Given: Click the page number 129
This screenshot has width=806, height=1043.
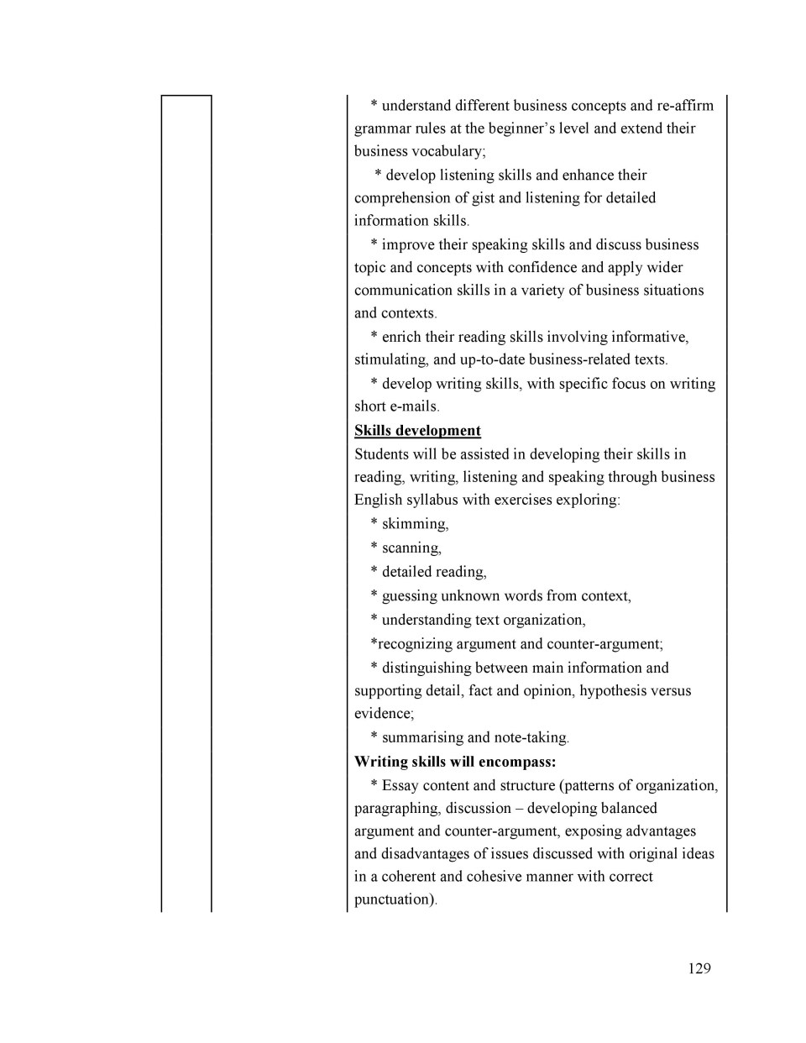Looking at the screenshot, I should tap(699, 968).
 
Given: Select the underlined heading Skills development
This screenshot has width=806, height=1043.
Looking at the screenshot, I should tap(417, 431).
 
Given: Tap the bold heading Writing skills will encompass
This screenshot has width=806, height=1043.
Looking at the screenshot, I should tap(454, 762).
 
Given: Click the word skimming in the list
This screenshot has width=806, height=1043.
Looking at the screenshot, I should tap(415, 524).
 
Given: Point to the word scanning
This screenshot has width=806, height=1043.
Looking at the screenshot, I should tap(411, 548).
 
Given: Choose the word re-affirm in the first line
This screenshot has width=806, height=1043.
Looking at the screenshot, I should tap(685, 106).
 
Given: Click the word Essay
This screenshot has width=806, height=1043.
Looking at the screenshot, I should tap(400, 786).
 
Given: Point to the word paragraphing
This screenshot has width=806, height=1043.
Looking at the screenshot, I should tap(396, 809).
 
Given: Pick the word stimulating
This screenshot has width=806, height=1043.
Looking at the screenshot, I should tap(390, 359).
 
